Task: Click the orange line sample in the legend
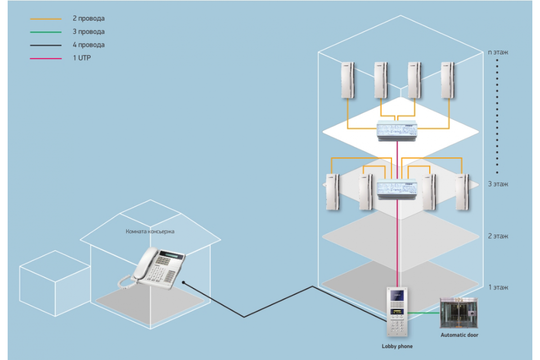click(x=46, y=19)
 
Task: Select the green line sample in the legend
click(x=46, y=32)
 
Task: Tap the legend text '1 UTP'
click(x=82, y=58)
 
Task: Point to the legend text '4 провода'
click(x=89, y=45)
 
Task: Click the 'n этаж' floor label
click(x=498, y=52)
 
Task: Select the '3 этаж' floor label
click(x=498, y=184)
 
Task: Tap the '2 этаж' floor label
click(x=498, y=236)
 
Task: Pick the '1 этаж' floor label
click(x=498, y=288)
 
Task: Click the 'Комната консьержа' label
click(x=150, y=232)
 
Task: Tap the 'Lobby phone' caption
click(x=397, y=346)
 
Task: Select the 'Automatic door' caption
click(x=459, y=335)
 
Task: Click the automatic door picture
click(x=459, y=313)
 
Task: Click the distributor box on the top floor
click(x=397, y=130)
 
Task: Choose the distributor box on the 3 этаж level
click(x=397, y=189)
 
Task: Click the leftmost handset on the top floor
click(x=347, y=80)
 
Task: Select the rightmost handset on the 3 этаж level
click(x=462, y=192)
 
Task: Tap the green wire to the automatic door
click(x=423, y=313)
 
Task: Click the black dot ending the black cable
click(x=184, y=282)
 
